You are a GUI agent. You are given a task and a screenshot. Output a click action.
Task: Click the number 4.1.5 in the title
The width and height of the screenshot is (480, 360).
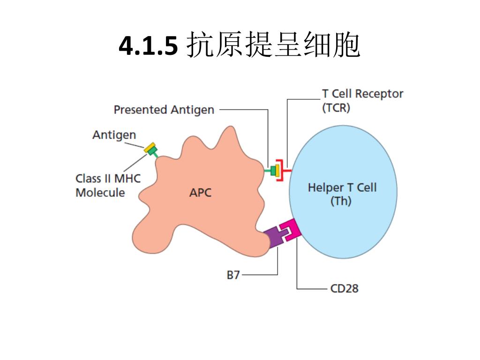pos(148,46)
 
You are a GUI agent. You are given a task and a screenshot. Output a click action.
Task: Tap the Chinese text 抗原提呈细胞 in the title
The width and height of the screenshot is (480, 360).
pos(273,46)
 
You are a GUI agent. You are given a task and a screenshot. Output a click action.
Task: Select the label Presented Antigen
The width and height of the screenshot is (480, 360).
pos(164,110)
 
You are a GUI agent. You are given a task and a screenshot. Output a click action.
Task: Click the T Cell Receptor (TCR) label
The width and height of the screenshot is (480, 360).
pos(362,100)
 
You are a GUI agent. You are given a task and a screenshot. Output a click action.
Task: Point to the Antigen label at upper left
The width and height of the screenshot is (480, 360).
pos(114,135)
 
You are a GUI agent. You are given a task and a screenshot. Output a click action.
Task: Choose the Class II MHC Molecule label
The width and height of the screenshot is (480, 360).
pos(108,186)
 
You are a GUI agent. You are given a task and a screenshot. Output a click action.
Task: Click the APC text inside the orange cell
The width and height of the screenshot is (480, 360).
pos(200,192)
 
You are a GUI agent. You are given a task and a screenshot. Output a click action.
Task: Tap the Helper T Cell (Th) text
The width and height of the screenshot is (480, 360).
pos(342,195)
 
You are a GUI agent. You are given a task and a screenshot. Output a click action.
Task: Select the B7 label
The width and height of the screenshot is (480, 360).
pos(233,275)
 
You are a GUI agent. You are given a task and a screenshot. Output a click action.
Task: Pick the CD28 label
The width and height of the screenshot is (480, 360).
pos(344,288)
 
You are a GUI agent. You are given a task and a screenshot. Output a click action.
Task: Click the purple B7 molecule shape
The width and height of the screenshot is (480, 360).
pos(274,236)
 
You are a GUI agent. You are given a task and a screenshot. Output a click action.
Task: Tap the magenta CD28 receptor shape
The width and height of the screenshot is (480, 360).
pos(292,231)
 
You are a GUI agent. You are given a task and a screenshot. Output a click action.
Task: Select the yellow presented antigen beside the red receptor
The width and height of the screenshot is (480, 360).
pos(278,170)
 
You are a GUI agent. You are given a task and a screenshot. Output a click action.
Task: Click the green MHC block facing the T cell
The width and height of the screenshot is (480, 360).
pos(273,170)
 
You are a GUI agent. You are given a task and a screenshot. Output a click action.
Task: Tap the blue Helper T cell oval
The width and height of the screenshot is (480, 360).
pos(356,155)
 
